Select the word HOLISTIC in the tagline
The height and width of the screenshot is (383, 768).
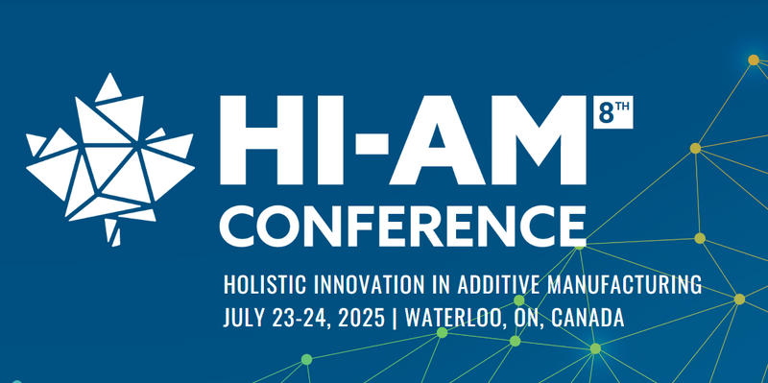260,285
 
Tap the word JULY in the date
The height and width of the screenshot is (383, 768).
241,317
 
